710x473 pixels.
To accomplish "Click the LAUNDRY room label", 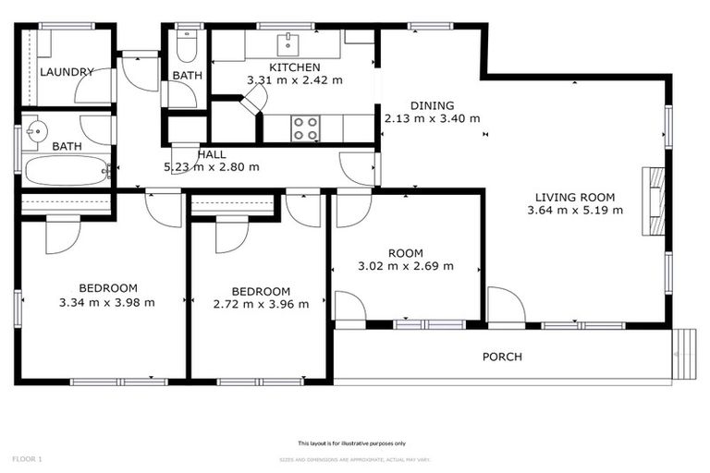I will click(67, 71).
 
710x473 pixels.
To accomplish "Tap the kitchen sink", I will click(289, 42).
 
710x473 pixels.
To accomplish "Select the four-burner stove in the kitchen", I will click(306, 128).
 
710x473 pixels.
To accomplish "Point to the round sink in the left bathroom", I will click(38, 130).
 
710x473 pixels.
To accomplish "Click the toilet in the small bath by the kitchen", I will click(187, 46).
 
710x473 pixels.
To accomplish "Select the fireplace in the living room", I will click(654, 201).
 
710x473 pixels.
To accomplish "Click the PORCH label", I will click(502, 357).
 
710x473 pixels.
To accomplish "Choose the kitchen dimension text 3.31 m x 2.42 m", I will click(294, 80).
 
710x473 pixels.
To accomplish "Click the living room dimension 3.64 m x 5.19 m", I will click(574, 210).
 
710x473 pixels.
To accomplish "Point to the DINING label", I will click(433, 104).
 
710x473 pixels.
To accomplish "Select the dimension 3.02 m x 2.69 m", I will click(406, 266).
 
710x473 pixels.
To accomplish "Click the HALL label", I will click(212, 154).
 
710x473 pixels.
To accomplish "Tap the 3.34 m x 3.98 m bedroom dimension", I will click(106, 302).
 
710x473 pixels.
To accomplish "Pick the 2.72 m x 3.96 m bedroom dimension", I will click(261, 304).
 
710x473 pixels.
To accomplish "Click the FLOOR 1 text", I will click(27, 458).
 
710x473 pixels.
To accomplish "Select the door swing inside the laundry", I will click(92, 86).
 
